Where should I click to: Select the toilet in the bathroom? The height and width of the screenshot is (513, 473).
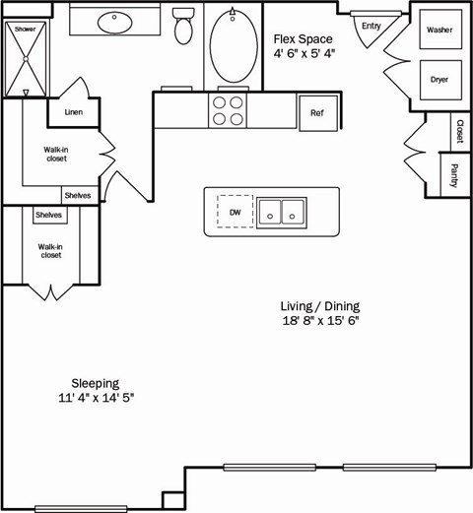[x=182, y=29]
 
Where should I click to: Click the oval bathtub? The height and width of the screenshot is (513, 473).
[x=233, y=47]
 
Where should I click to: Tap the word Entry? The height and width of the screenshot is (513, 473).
[x=371, y=26]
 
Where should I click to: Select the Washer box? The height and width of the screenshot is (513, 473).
[x=439, y=31]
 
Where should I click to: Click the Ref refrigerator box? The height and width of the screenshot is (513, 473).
[x=317, y=112]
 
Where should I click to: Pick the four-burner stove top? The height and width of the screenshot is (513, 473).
[x=228, y=110]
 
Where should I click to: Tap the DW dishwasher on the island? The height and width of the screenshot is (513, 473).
[x=235, y=212]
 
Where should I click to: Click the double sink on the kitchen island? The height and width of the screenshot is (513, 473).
[x=281, y=212]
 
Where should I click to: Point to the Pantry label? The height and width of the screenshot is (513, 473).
[x=455, y=176]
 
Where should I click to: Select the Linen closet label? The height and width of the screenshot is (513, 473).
[x=73, y=112]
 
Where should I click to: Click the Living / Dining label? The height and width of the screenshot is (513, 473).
[x=319, y=305]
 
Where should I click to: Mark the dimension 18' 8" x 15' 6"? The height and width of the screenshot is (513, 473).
[x=319, y=321]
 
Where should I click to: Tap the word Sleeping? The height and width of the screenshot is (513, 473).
[x=96, y=382]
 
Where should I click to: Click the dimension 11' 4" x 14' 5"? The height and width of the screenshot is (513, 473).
[x=96, y=398]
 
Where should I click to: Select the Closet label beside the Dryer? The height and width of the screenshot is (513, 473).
[x=459, y=130]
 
